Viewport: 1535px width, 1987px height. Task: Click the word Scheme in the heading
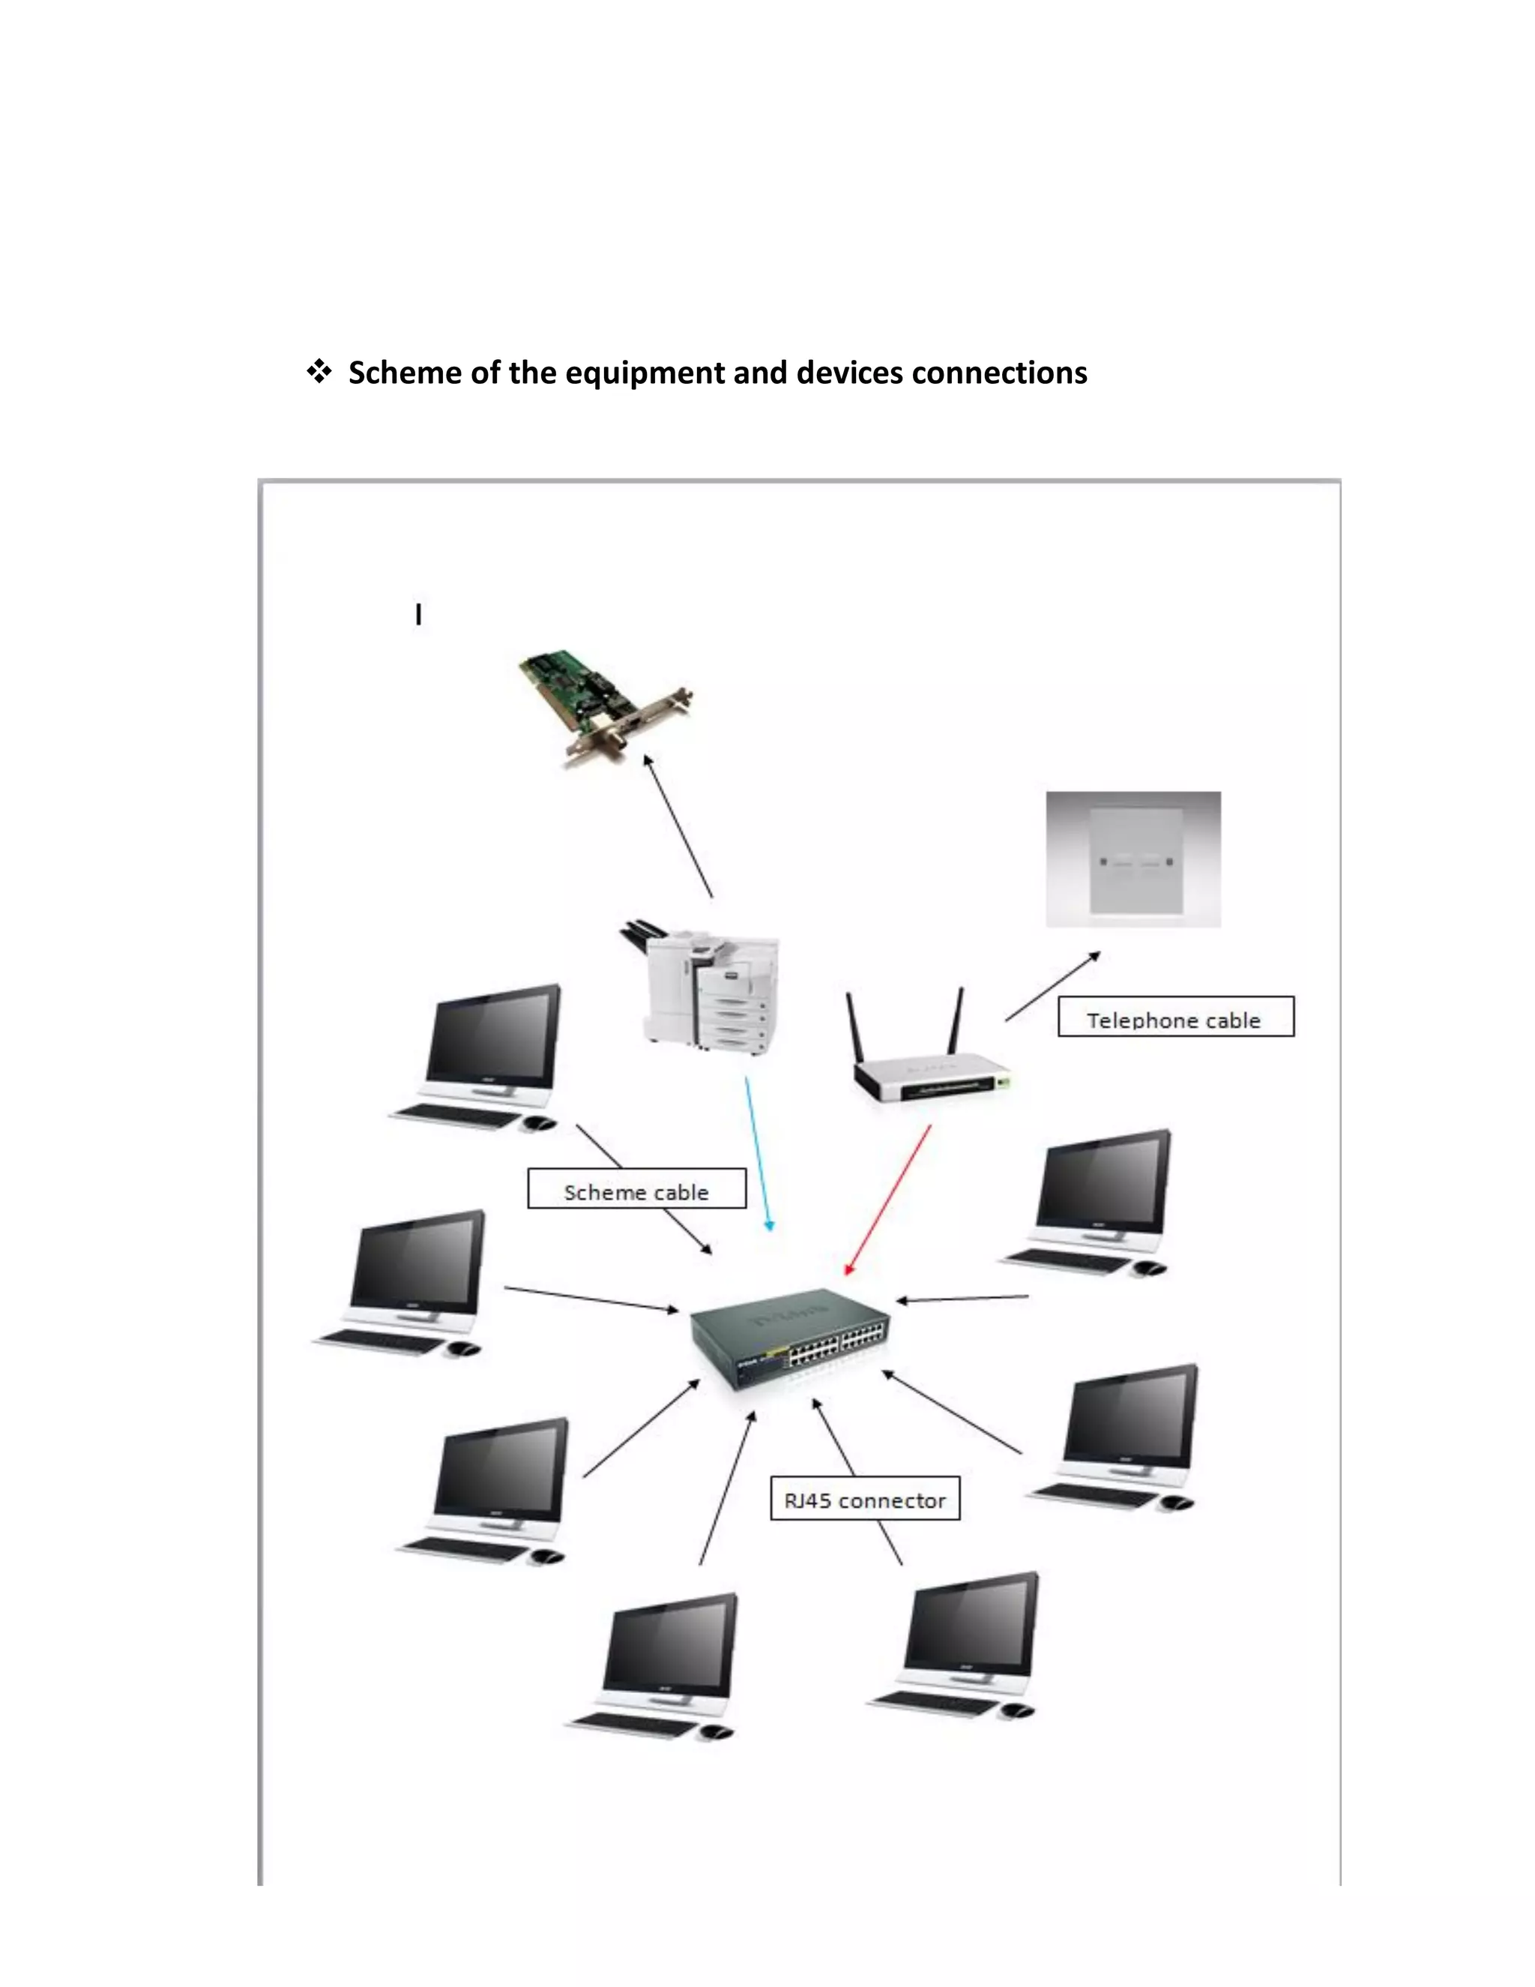pos(405,373)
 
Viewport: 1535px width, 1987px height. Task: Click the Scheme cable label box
pos(636,1189)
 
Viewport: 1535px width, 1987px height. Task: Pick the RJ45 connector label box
pos(865,1497)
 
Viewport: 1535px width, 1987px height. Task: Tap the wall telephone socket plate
pos(1133,860)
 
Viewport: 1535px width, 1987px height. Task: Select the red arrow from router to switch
pos(888,1199)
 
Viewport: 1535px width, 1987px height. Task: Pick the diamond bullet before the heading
pos(319,371)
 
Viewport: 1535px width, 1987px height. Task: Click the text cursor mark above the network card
pos(418,615)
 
